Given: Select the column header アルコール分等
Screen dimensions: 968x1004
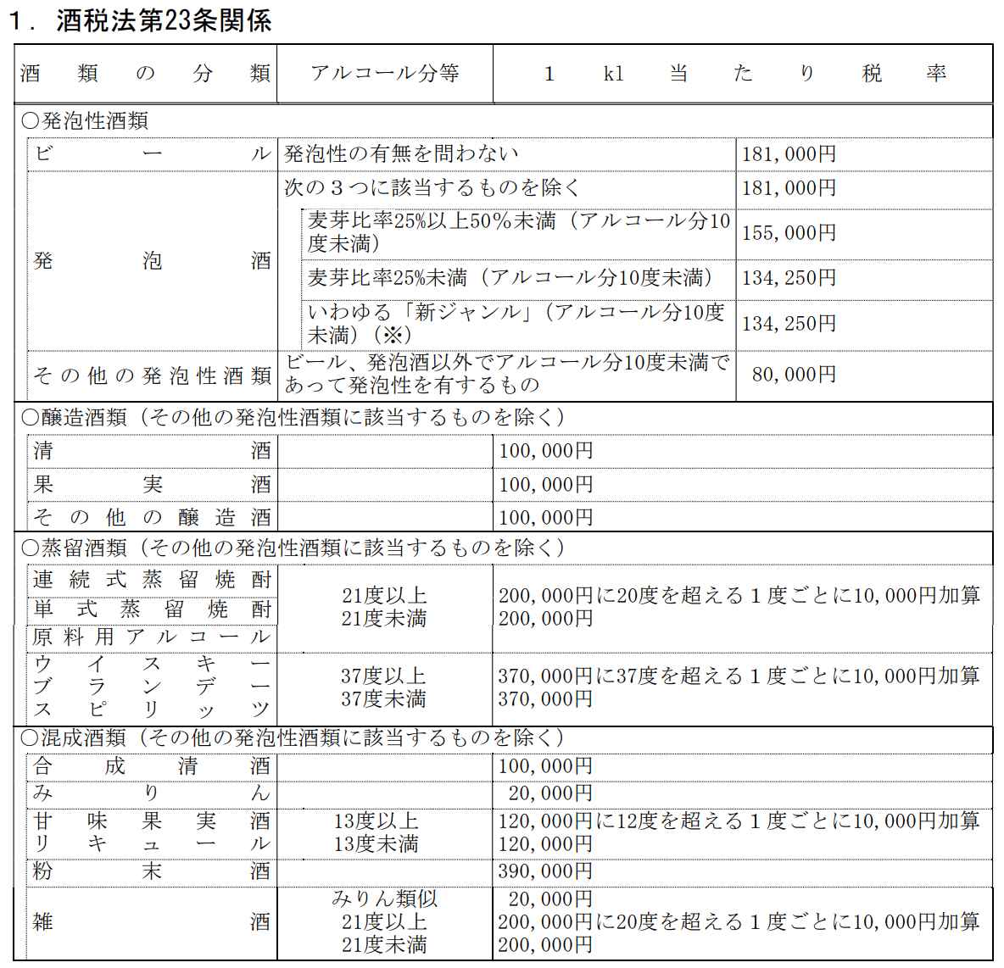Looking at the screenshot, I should click(384, 74).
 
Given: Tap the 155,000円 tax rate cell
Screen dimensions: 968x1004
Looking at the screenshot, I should click(789, 233).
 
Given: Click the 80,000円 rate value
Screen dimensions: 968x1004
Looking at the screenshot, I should click(794, 374).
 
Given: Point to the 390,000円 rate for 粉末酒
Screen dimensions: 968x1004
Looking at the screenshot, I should click(545, 871).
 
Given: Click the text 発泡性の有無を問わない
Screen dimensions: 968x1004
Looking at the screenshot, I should click(401, 154).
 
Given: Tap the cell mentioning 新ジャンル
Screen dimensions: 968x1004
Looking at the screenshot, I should click(516, 323).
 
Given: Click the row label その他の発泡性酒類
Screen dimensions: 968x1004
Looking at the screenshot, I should click(152, 376).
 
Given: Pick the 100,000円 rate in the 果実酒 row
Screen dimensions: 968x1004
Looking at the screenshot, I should click(545, 485).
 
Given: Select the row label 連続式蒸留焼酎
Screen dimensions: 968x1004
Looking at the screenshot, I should click(152, 580).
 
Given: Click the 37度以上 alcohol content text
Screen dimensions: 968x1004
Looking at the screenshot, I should click(383, 676).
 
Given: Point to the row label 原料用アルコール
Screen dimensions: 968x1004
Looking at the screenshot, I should click(152, 637).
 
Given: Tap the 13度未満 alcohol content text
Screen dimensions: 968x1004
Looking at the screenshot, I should click(376, 844).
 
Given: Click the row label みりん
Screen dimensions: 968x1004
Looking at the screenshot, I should click(152, 793).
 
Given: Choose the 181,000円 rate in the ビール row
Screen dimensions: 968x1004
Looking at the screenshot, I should click(789, 154).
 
